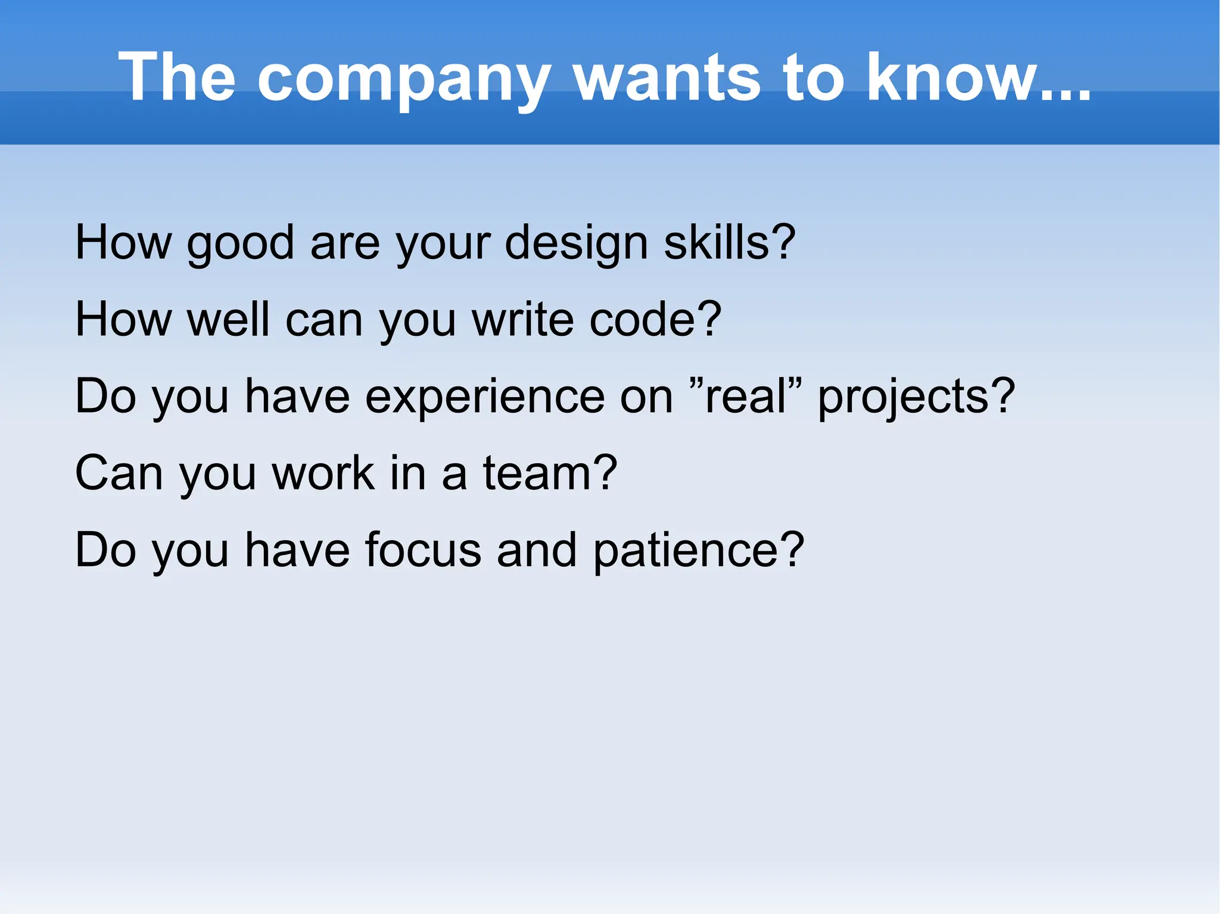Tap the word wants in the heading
(667, 77)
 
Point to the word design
(576, 244)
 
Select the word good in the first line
(240, 244)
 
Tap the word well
(229, 319)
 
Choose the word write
(523, 319)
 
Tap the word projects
(906, 398)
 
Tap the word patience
(688, 551)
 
